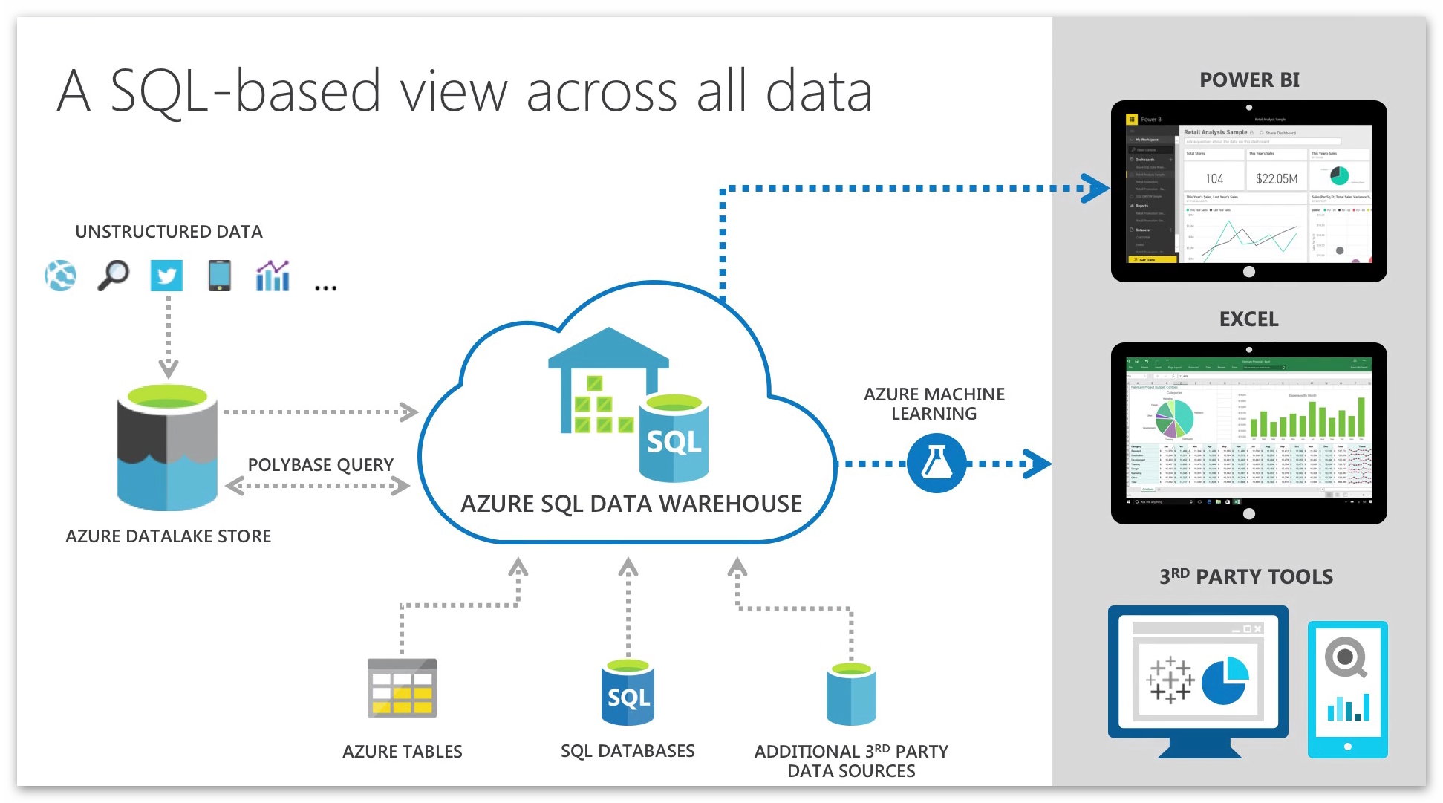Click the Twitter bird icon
[x=166, y=276]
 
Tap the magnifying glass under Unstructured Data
[x=113, y=275]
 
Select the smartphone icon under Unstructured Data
[x=219, y=275]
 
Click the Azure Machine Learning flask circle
[x=936, y=464]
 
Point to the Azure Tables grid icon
[x=402, y=688]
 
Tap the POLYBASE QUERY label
[x=320, y=465]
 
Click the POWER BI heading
[x=1249, y=80]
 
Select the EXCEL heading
[x=1248, y=319]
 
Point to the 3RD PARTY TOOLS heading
[x=1246, y=576]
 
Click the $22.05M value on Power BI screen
[x=1277, y=178]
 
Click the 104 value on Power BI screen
[x=1214, y=178]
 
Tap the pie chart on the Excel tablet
[x=1174, y=418]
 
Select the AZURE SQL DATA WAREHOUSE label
[x=631, y=504]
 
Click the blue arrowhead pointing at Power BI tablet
[x=1095, y=188]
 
